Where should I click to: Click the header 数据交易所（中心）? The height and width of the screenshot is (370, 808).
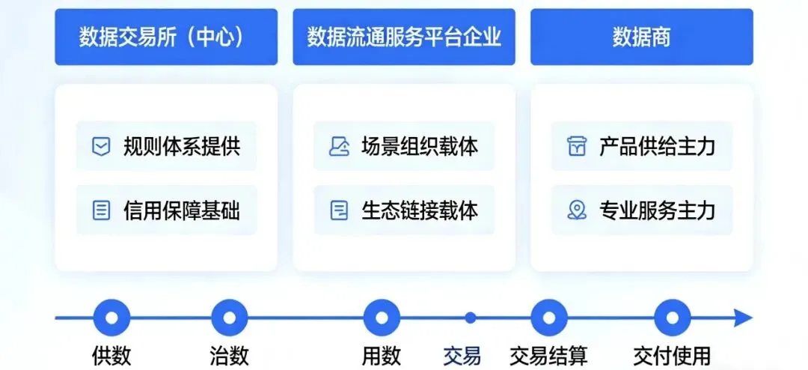(x=165, y=37)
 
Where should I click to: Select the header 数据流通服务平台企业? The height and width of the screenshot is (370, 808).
(x=403, y=37)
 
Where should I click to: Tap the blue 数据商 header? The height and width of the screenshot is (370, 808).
(x=641, y=37)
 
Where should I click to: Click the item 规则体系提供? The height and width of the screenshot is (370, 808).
(x=166, y=146)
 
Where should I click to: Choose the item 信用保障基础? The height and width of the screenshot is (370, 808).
(x=166, y=210)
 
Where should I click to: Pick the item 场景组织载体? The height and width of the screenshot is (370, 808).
(x=404, y=146)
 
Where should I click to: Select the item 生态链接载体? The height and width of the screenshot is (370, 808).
(x=404, y=210)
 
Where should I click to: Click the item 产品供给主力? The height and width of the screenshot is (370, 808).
(x=642, y=146)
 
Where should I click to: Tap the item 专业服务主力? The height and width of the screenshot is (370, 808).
(x=642, y=210)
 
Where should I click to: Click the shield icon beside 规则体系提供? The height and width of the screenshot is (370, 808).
(x=101, y=147)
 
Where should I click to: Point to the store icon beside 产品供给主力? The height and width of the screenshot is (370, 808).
(x=576, y=147)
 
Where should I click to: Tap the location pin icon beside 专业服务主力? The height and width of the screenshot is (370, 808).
(x=576, y=210)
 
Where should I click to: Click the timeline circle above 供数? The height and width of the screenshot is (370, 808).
(x=111, y=318)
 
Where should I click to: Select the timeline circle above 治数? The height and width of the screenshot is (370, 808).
(x=229, y=318)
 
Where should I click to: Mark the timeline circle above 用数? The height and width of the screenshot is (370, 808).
(x=382, y=318)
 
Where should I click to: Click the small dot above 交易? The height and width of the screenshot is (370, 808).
(x=470, y=318)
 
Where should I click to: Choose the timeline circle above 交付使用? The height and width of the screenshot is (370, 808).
(x=672, y=318)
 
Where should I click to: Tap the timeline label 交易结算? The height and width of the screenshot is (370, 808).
(x=548, y=355)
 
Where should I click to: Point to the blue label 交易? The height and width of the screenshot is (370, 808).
(x=462, y=355)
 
